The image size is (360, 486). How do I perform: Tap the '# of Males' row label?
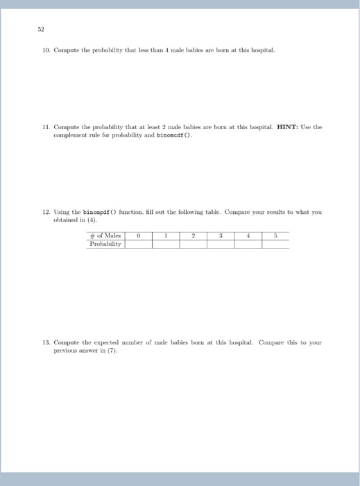105,235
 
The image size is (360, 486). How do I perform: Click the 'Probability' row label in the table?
105,244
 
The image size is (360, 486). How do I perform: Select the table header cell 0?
139,235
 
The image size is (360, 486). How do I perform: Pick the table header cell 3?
221,235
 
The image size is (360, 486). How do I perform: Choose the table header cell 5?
275,235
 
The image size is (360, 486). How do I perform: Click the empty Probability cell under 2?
194,244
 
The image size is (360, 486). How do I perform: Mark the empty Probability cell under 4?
248,244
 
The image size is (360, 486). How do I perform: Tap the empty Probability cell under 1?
166,244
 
